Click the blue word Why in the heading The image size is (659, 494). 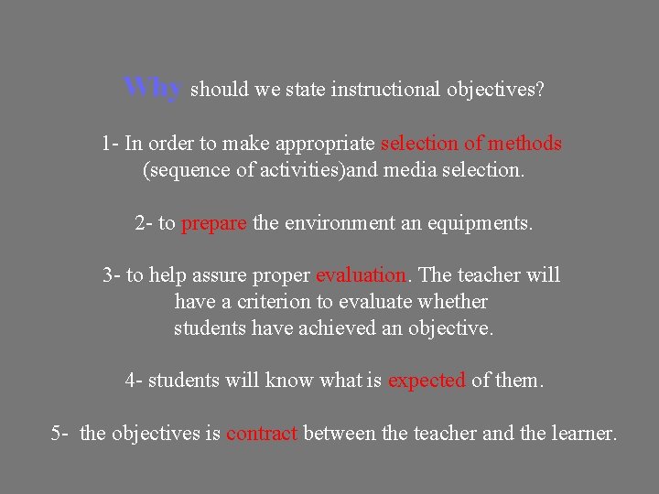pyautogui.click(x=154, y=88)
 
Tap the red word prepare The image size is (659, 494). pyautogui.click(x=214, y=223)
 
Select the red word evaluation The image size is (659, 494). pyautogui.click(x=361, y=275)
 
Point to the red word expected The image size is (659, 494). pyautogui.click(x=427, y=381)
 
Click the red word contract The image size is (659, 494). pyautogui.click(x=262, y=434)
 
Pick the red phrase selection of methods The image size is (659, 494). pyautogui.click(x=470, y=144)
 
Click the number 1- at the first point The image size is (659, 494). pyautogui.click(x=110, y=144)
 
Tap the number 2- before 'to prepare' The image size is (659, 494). pyautogui.click(x=143, y=223)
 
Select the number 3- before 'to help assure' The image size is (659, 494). pyautogui.click(x=111, y=275)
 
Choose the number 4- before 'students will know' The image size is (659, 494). pyautogui.click(x=134, y=381)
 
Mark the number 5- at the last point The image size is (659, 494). pyautogui.click(x=59, y=434)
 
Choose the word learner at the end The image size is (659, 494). pyautogui.click(x=582, y=434)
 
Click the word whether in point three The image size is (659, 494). pyautogui.click(x=453, y=302)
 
